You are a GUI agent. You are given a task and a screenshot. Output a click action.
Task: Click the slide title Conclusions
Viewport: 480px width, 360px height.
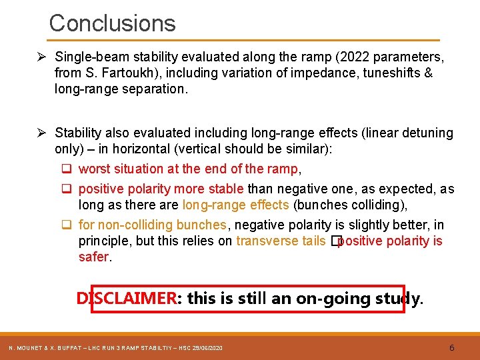pyautogui.click(x=112, y=23)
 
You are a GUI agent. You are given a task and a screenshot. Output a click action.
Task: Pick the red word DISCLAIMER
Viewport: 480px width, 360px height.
pyautogui.click(x=126, y=299)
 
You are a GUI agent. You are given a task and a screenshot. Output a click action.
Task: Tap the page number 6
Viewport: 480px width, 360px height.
pyautogui.click(x=452, y=348)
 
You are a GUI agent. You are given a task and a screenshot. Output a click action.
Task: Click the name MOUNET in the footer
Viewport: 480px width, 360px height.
pyautogui.click(x=31, y=349)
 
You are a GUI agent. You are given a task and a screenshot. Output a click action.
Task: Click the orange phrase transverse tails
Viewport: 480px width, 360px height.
pyautogui.click(x=281, y=241)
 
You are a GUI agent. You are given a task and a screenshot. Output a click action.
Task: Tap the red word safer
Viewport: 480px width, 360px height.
pyautogui.click(x=93, y=257)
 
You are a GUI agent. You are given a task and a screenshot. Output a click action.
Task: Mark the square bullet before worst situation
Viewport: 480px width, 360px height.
pyautogui.click(x=69, y=169)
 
